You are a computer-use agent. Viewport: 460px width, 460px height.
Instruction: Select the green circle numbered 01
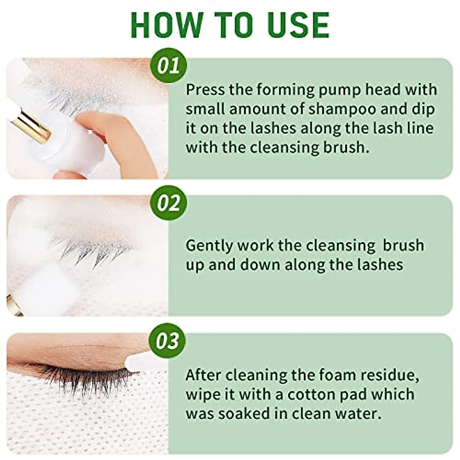pos(169,66)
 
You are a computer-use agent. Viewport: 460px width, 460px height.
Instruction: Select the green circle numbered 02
pos(169,203)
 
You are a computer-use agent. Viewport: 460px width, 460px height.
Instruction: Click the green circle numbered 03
pos(169,341)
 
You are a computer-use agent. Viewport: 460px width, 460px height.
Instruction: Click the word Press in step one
pos(205,90)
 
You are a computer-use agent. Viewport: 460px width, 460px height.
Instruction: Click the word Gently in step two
pos(209,246)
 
